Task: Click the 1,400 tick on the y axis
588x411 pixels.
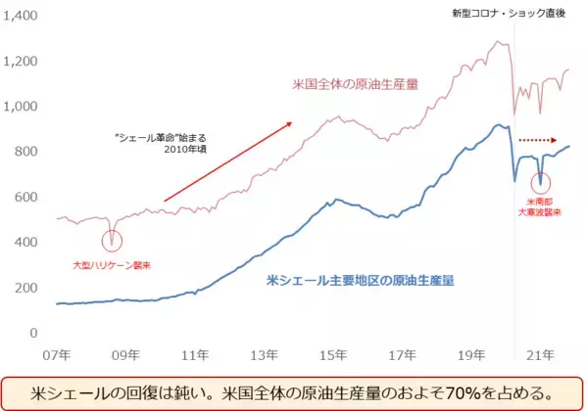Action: pos(22,17)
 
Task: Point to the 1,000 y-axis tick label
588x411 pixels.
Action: pos(22,107)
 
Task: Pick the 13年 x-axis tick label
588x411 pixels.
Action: pos(266,353)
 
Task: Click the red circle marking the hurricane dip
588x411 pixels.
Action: pos(112,237)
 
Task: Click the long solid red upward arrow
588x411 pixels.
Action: pos(227,162)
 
